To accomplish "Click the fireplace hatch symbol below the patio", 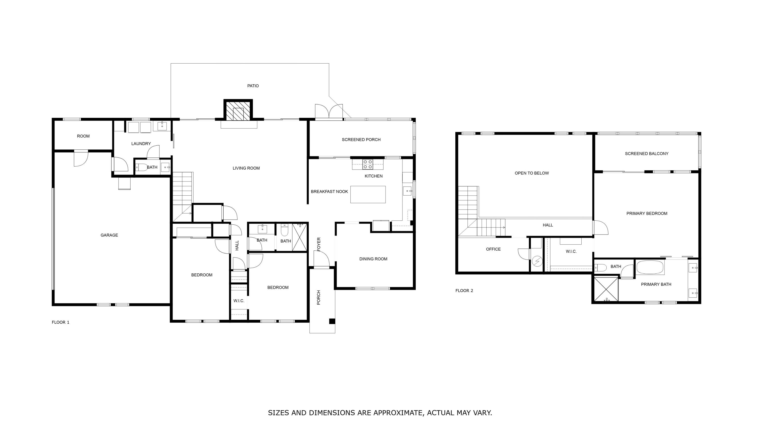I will pyautogui.click(x=238, y=110).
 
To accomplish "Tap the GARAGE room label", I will pyautogui.click(x=109, y=235).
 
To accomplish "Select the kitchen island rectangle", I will pyautogui.click(x=368, y=194).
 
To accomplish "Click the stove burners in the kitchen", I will pyautogui.click(x=368, y=164).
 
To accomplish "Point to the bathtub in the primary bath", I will pyautogui.click(x=650, y=267).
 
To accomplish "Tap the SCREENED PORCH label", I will pyautogui.click(x=361, y=139).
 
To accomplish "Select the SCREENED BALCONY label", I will pyautogui.click(x=646, y=153).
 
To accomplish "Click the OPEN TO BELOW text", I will pyautogui.click(x=532, y=173).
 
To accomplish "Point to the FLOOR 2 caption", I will pyautogui.click(x=464, y=291).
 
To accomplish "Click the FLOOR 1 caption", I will pyautogui.click(x=60, y=322).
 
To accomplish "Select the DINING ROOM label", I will pyautogui.click(x=373, y=259).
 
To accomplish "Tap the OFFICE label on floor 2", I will pyautogui.click(x=493, y=249).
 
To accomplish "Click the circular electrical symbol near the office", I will pyautogui.click(x=537, y=262).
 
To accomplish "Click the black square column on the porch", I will pyautogui.click(x=332, y=321).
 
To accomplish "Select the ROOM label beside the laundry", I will pyautogui.click(x=83, y=136).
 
